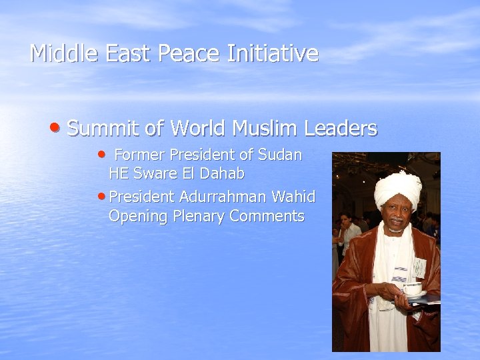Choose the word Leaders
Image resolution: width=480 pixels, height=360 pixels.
pyautogui.click(x=340, y=128)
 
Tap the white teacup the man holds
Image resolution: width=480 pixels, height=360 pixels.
pyautogui.click(x=412, y=288)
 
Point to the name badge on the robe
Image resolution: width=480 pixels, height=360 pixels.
pyautogui.click(x=418, y=267)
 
